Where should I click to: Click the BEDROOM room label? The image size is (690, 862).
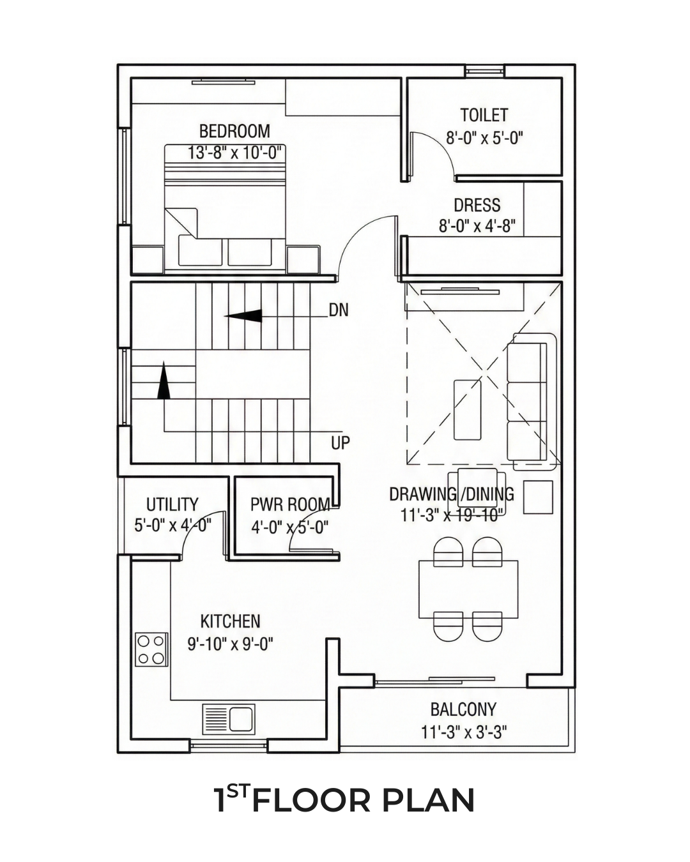click(234, 132)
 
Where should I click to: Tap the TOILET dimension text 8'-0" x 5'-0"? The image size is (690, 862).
click(485, 139)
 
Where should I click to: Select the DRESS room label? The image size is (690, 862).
click(477, 205)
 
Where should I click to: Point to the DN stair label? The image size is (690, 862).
click(339, 310)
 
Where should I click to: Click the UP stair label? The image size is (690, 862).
click(341, 442)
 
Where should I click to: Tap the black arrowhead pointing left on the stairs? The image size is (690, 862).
click(243, 315)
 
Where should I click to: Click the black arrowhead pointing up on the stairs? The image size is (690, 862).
click(163, 381)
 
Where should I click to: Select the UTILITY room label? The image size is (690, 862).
click(172, 504)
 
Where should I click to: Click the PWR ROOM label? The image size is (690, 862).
click(290, 504)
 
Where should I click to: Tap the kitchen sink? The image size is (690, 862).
click(229, 719)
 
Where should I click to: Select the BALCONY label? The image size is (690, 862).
click(463, 709)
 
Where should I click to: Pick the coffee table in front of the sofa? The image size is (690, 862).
click(467, 410)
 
